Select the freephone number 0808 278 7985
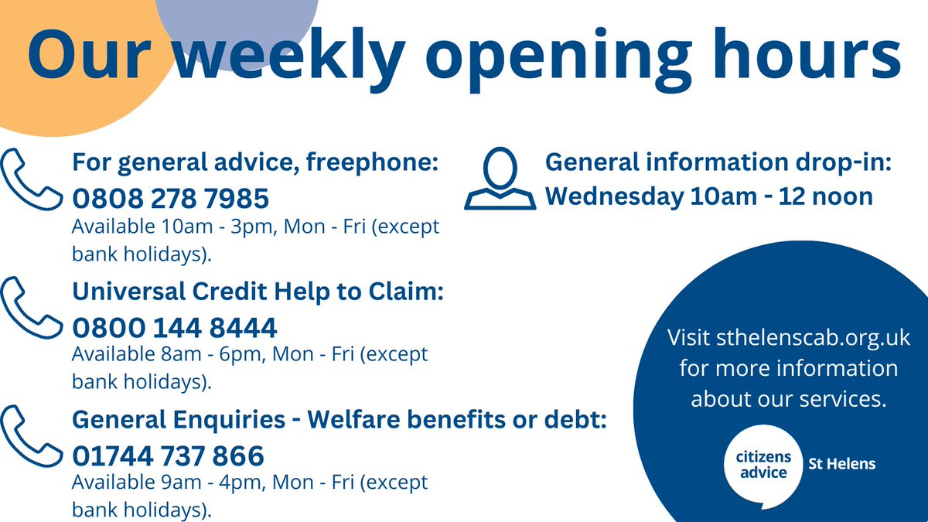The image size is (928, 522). (x=171, y=199)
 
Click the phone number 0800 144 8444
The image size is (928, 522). (x=175, y=328)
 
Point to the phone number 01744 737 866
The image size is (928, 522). (x=169, y=455)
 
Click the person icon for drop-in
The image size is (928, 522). (x=500, y=179)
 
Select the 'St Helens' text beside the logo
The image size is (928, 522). (x=842, y=464)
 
